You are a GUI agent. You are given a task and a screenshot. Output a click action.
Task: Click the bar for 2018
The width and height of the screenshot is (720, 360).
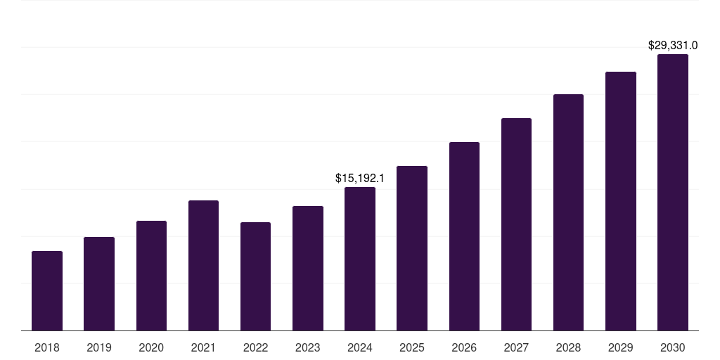pyautogui.click(x=47, y=290)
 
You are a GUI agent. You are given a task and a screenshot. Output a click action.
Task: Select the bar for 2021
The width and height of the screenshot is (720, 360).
pyautogui.click(x=203, y=265)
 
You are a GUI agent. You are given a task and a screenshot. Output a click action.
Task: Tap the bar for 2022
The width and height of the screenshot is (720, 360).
pyautogui.click(x=255, y=276)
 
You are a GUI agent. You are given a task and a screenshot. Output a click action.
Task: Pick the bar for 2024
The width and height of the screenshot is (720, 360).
pyautogui.click(x=360, y=259)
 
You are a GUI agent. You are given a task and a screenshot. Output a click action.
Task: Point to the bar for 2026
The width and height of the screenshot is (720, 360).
pyautogui.click(x=464, y=236)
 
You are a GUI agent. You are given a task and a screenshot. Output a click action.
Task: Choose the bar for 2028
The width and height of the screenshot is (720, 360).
pyautogui.click(x=568, y=212)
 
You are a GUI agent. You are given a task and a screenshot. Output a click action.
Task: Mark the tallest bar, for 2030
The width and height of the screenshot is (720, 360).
pyautogui.click(x=672, y=192)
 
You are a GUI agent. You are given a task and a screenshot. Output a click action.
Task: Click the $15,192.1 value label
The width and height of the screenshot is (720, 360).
pyautogui.click(x=360, y=179)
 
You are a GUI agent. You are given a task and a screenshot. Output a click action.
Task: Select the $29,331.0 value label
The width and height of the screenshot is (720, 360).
pyautogui.click(x=672, y=46)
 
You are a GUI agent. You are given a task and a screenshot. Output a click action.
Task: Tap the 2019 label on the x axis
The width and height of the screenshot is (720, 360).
pyautogui.click(x=99, y=347)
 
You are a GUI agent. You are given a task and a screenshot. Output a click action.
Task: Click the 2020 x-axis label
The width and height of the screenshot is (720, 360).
pyautogui.click(x=151, y=347)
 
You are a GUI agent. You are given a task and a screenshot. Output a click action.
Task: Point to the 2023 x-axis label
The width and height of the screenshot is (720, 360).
pyautogui.click(x=308, y=347)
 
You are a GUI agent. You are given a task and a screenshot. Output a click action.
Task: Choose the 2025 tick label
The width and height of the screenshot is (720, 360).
pyautogui.click(x=412, y=347)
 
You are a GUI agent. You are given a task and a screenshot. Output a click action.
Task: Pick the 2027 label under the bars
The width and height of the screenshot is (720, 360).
pyautogui.click(x=516, y=347)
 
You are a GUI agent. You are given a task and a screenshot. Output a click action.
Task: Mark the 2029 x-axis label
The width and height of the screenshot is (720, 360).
pyautogui.click(x=620, y=347)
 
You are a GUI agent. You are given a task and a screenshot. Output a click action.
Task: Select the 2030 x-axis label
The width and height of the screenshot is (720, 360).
pyautogui.click(x=672, y=347)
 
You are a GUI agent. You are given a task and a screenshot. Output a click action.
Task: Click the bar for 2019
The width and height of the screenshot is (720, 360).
pyautogui.click(x=99, y=283)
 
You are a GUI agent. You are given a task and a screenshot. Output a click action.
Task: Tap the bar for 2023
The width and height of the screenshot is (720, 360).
pyautogui.click(x=308, y=268)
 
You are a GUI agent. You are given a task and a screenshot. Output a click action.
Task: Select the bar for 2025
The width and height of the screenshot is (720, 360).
pyautogui.click(x=412, y=248)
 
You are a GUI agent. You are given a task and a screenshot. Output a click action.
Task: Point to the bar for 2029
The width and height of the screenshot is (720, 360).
pyautogui.click(x=620, y=201)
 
